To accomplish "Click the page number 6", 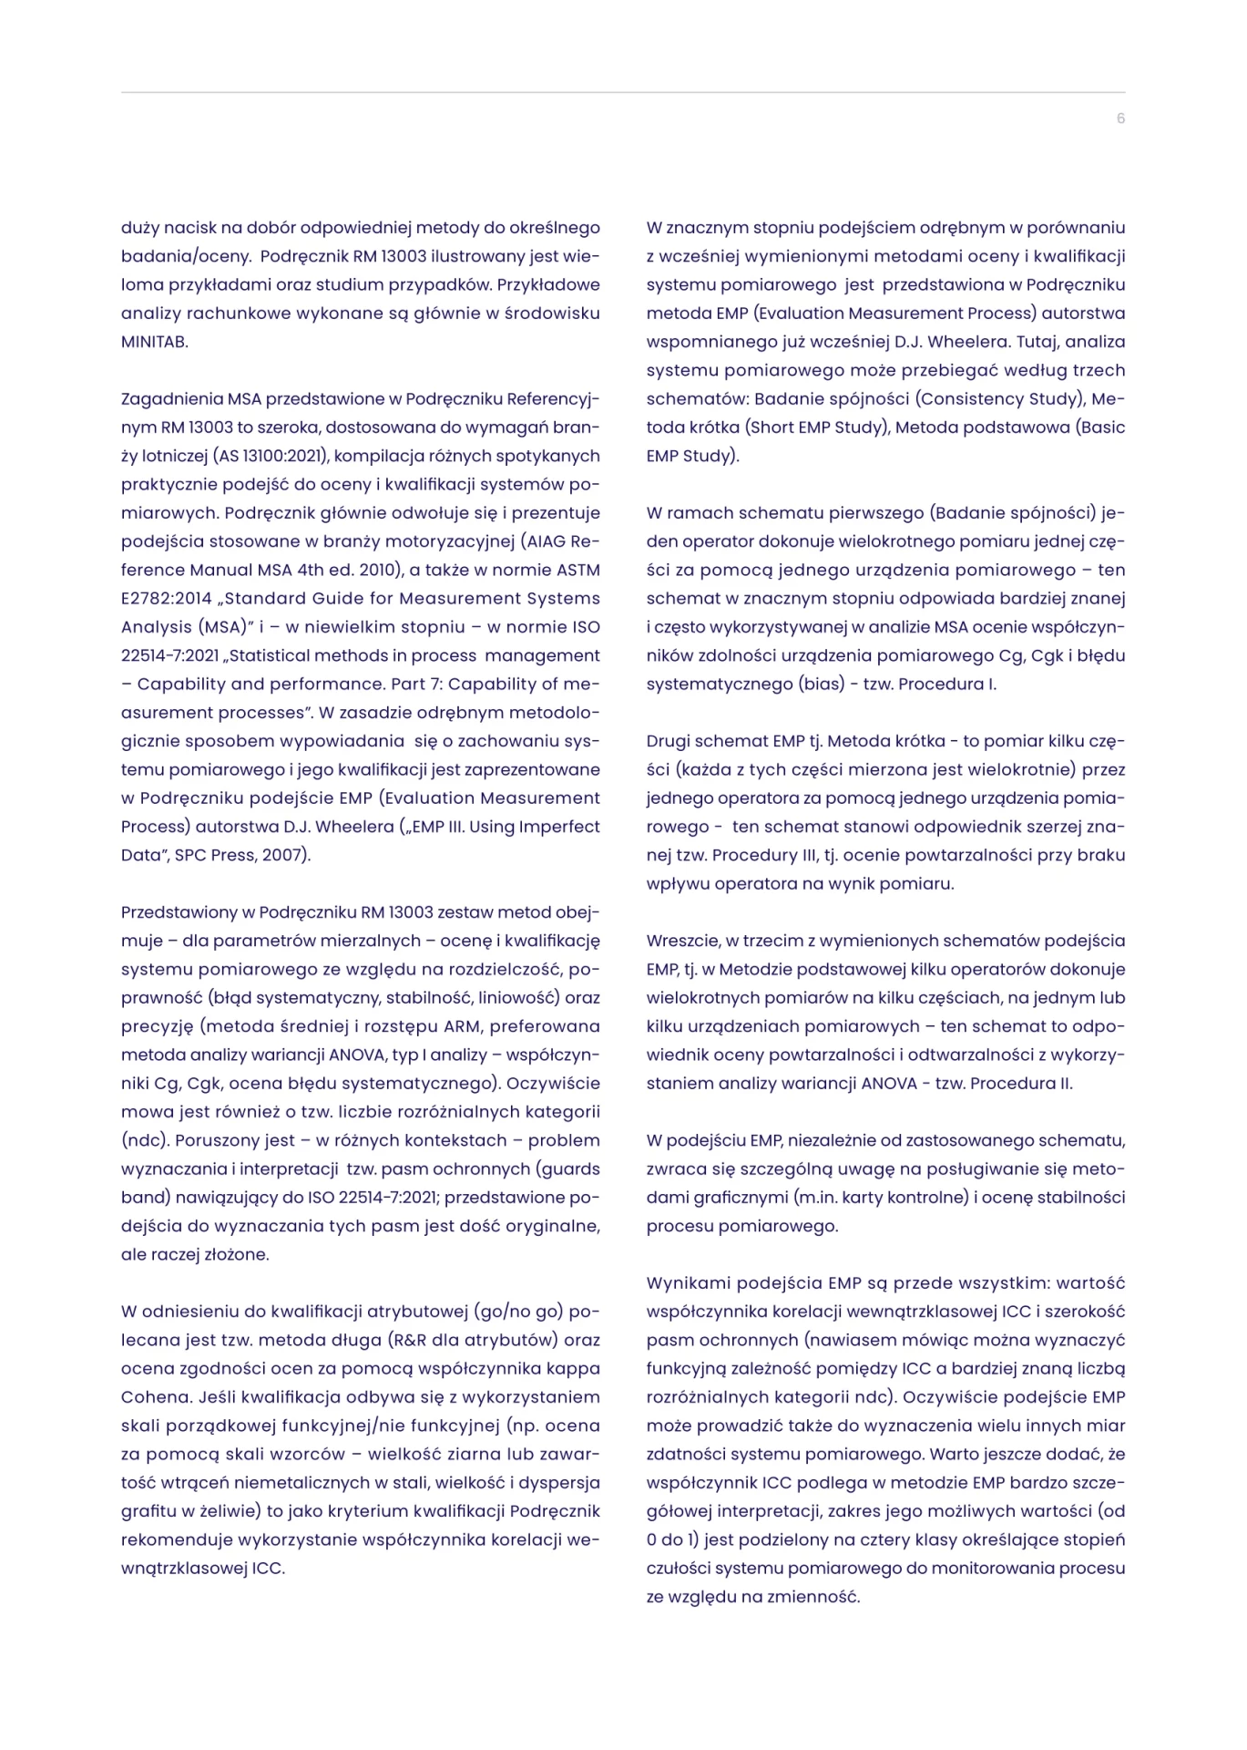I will coord(1120,118).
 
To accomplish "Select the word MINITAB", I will coord(154,342).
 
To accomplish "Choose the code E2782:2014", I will coord(167,599).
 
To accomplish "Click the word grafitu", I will coord(148,1511).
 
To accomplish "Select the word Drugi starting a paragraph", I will coord(669,741).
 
